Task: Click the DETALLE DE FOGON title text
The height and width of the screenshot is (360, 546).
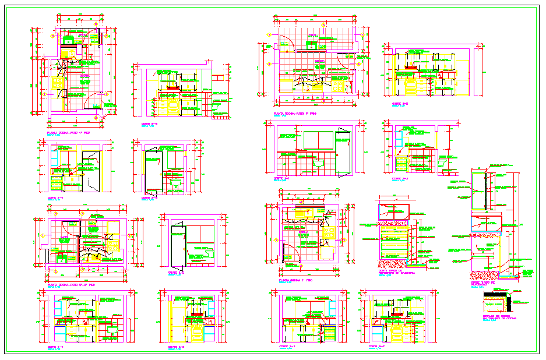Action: point(499,317)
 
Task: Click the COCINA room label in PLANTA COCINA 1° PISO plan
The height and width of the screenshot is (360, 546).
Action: point(303,232)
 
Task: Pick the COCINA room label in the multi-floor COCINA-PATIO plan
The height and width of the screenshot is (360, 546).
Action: point(65,237)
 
